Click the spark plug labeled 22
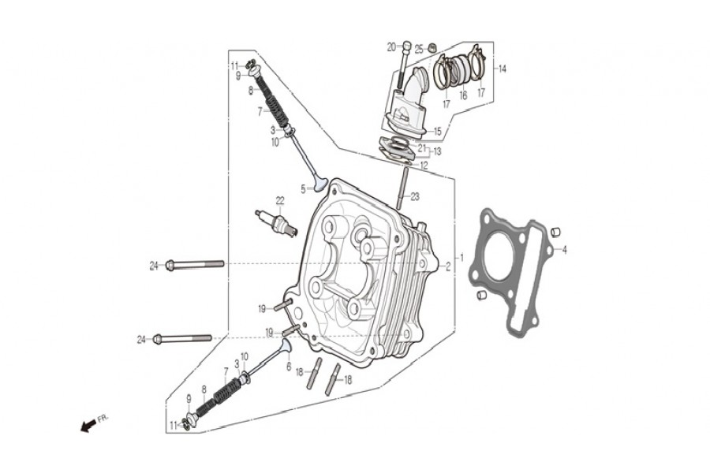coord(276,222)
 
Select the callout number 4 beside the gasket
coord(564,250)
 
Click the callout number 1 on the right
coord(461,258)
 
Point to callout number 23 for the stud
coord(415,197)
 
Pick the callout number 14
coord(502,69)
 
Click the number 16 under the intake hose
coord(463,95)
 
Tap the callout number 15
coord(437,132)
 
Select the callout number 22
coord(279,200)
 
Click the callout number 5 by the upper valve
coord(302,189)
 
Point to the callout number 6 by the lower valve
coord(289,367)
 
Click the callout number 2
coord(447,266)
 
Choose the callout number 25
coord(420,48)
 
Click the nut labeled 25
coord(433,50)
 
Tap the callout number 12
coord(424,166)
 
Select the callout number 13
coord(437,151)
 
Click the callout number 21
coord(422,147)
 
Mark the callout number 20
coord(391,47)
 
